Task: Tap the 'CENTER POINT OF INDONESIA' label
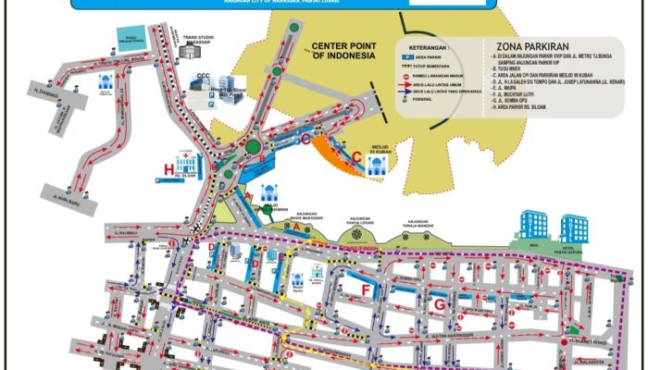click(x=343, y=51)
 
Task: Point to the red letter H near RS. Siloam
click(x=168, y=169)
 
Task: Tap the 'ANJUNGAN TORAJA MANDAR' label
click(x=419, y=225)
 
